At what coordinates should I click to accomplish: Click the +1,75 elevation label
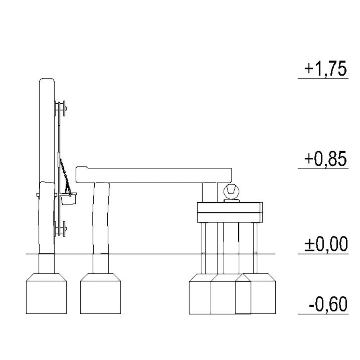(x=325, y=68)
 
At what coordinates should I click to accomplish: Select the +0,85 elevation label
(x=325, y=158)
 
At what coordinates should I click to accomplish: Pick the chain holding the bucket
(x=65, y=176)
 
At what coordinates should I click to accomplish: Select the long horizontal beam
(x=154, y=175)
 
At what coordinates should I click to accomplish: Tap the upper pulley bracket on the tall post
(x=60, y=109)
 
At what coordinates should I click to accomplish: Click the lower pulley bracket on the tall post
(x=60, y=229)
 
